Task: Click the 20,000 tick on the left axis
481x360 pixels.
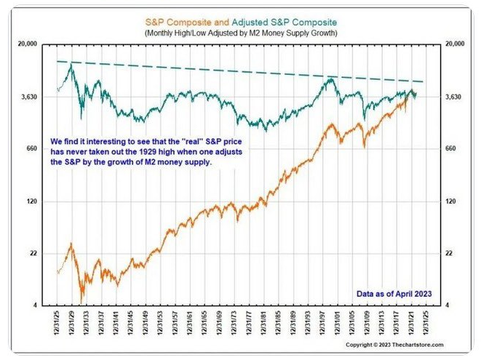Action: coord(26,44)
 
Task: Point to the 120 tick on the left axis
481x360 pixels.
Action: coord(30,201)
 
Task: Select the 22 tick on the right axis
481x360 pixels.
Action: coord(448,253)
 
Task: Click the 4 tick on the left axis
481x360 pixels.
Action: coord(33,305)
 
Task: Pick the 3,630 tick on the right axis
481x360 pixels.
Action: coord(454,97)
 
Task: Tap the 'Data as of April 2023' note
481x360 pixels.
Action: coord(394,293)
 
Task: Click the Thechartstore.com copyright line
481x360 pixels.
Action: coord(394,345)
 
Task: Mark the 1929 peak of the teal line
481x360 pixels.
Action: coord(71,65)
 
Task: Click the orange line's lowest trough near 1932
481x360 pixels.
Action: coord(82,298)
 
